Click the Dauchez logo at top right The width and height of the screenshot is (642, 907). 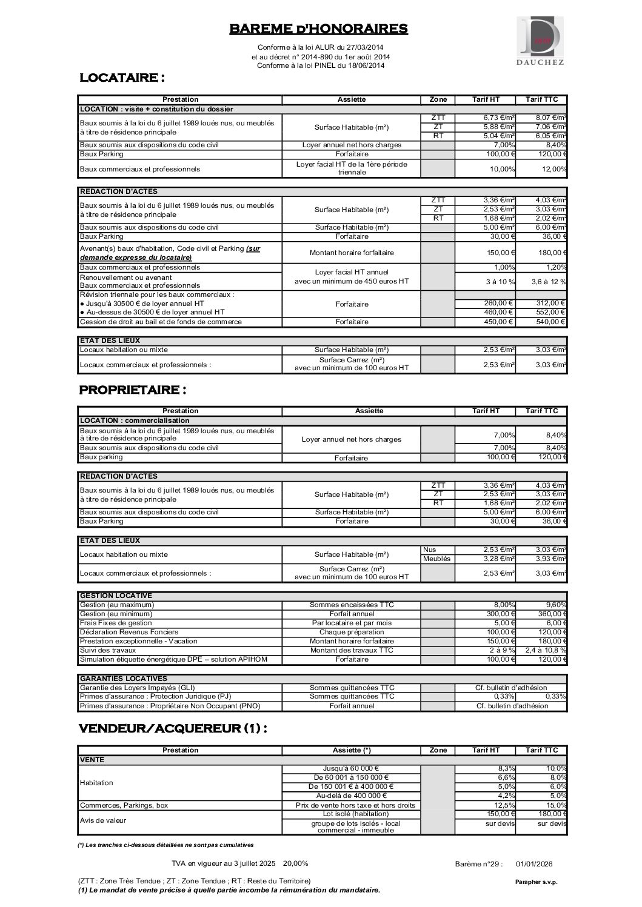point(540,41)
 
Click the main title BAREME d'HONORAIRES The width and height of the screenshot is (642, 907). point(318,28)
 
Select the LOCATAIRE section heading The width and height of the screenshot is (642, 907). point(122,78)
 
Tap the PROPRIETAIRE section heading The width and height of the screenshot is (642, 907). point(133,389)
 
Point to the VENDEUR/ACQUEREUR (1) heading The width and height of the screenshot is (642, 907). point(173,728)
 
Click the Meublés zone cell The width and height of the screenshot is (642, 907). point(436,559)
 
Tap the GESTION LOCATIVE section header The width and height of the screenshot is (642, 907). point(116,596)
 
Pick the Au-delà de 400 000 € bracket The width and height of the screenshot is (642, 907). point(351,796)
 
